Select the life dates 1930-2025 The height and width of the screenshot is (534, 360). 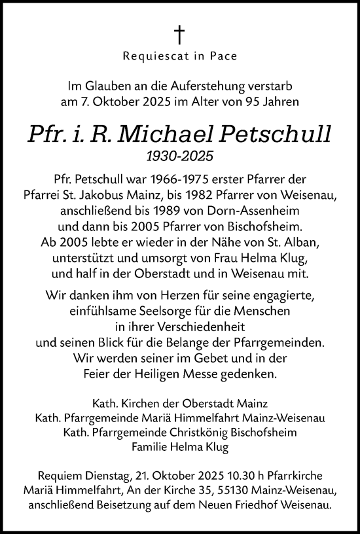(179, 156)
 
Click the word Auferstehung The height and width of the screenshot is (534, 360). (219, 86)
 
